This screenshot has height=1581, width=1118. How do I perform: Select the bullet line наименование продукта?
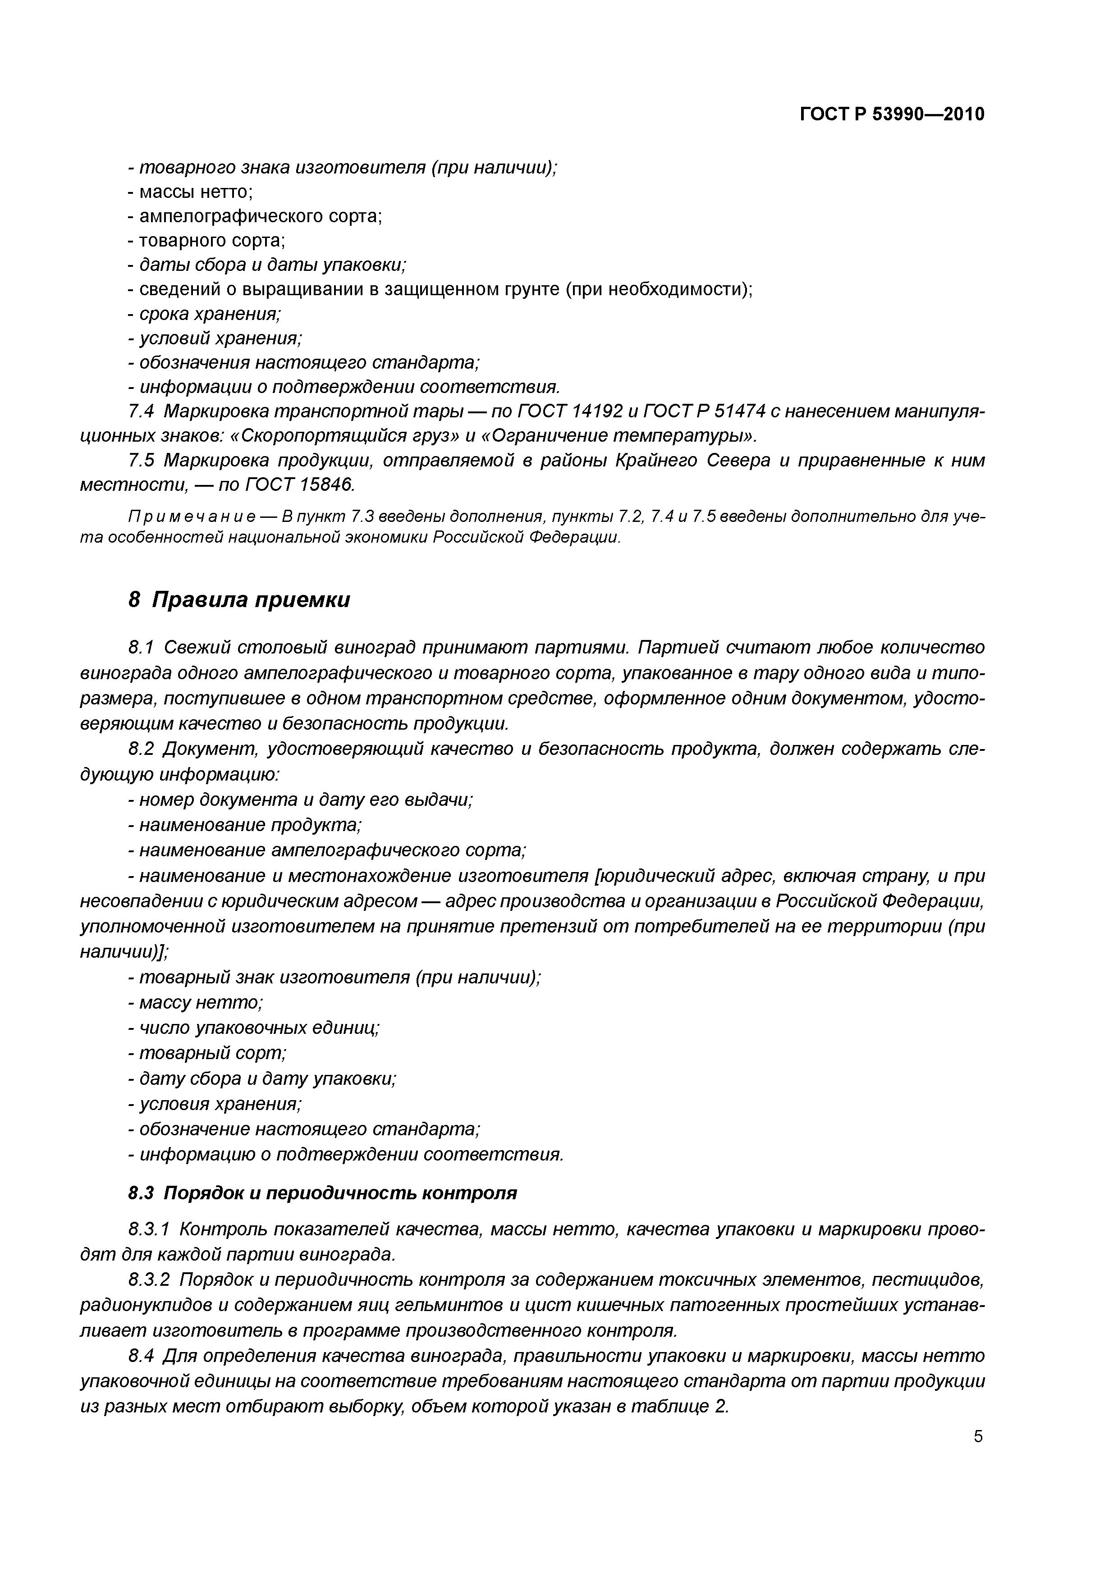(x=244, y=825)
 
